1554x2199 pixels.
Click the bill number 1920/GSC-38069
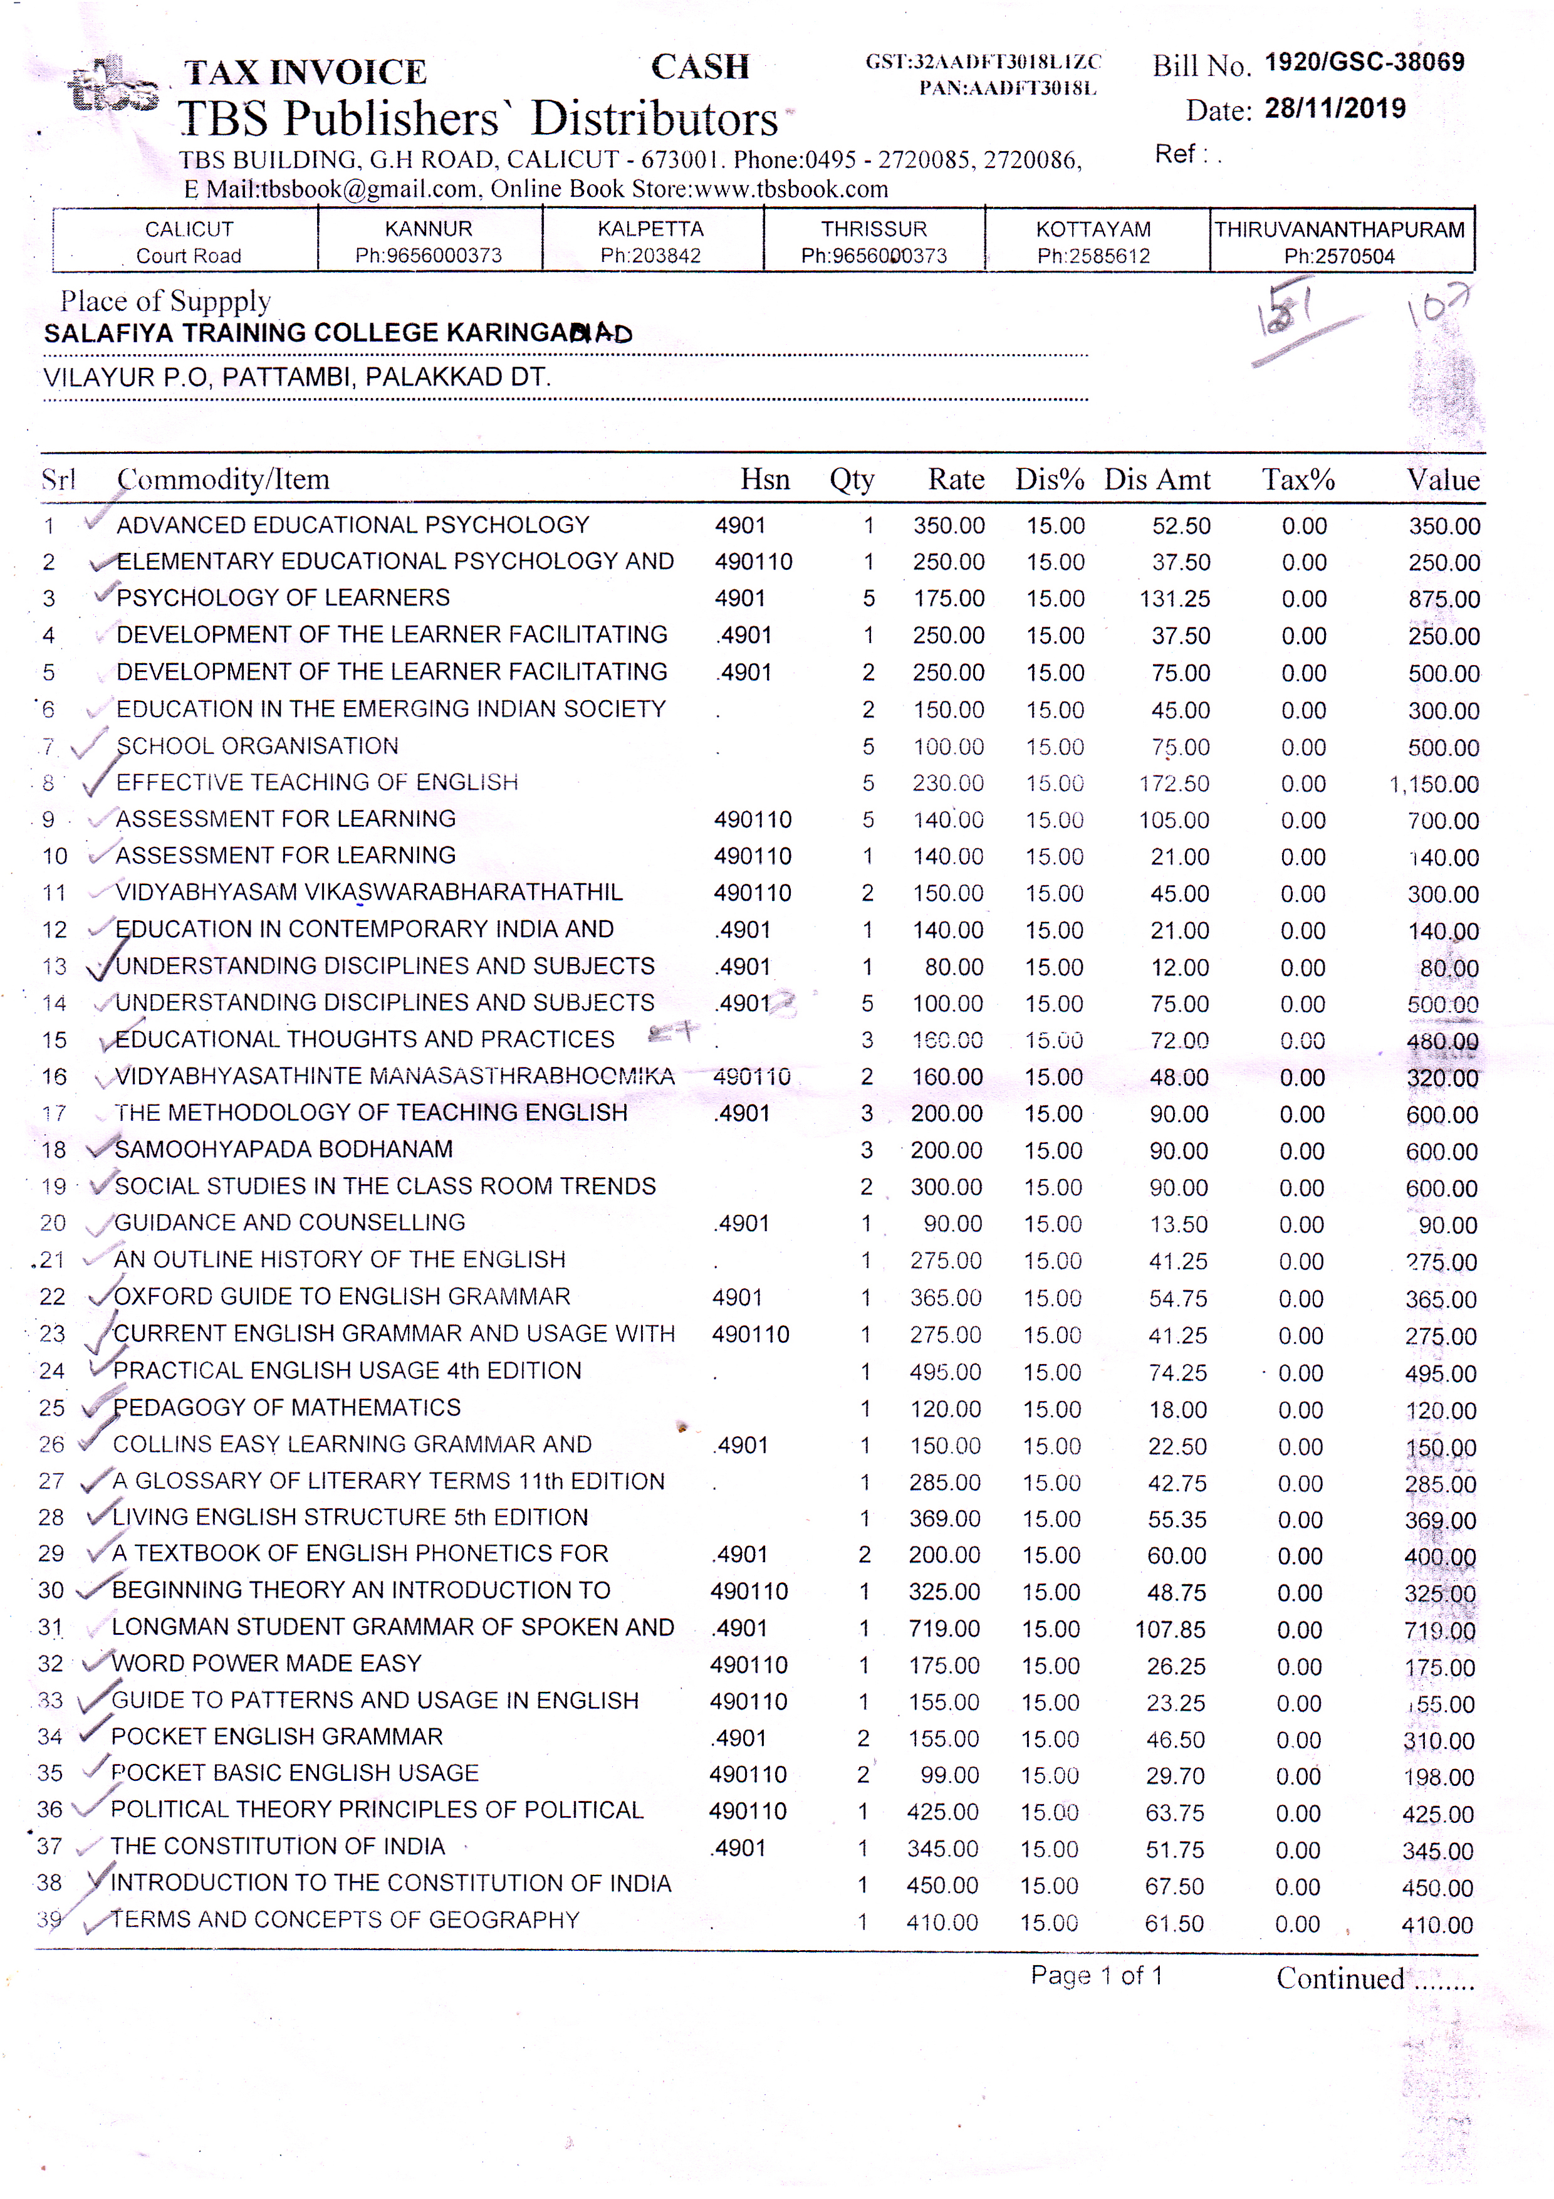1364,62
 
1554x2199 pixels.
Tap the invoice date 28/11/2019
1335,108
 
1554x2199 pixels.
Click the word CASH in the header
700,67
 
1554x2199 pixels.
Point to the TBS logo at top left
112,87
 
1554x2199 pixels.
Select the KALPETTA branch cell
651,241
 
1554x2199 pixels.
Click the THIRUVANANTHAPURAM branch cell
1340,241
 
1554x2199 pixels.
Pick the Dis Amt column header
1157,479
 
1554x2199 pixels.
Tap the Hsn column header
764,479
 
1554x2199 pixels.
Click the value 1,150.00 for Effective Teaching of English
1433,784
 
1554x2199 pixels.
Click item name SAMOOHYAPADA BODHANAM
283,1148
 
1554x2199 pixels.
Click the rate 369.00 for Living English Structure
944,1519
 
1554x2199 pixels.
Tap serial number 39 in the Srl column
49,1919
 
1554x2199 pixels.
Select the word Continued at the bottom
1340,1979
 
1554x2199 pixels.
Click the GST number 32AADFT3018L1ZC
983,62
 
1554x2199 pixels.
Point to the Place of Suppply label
165,301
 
